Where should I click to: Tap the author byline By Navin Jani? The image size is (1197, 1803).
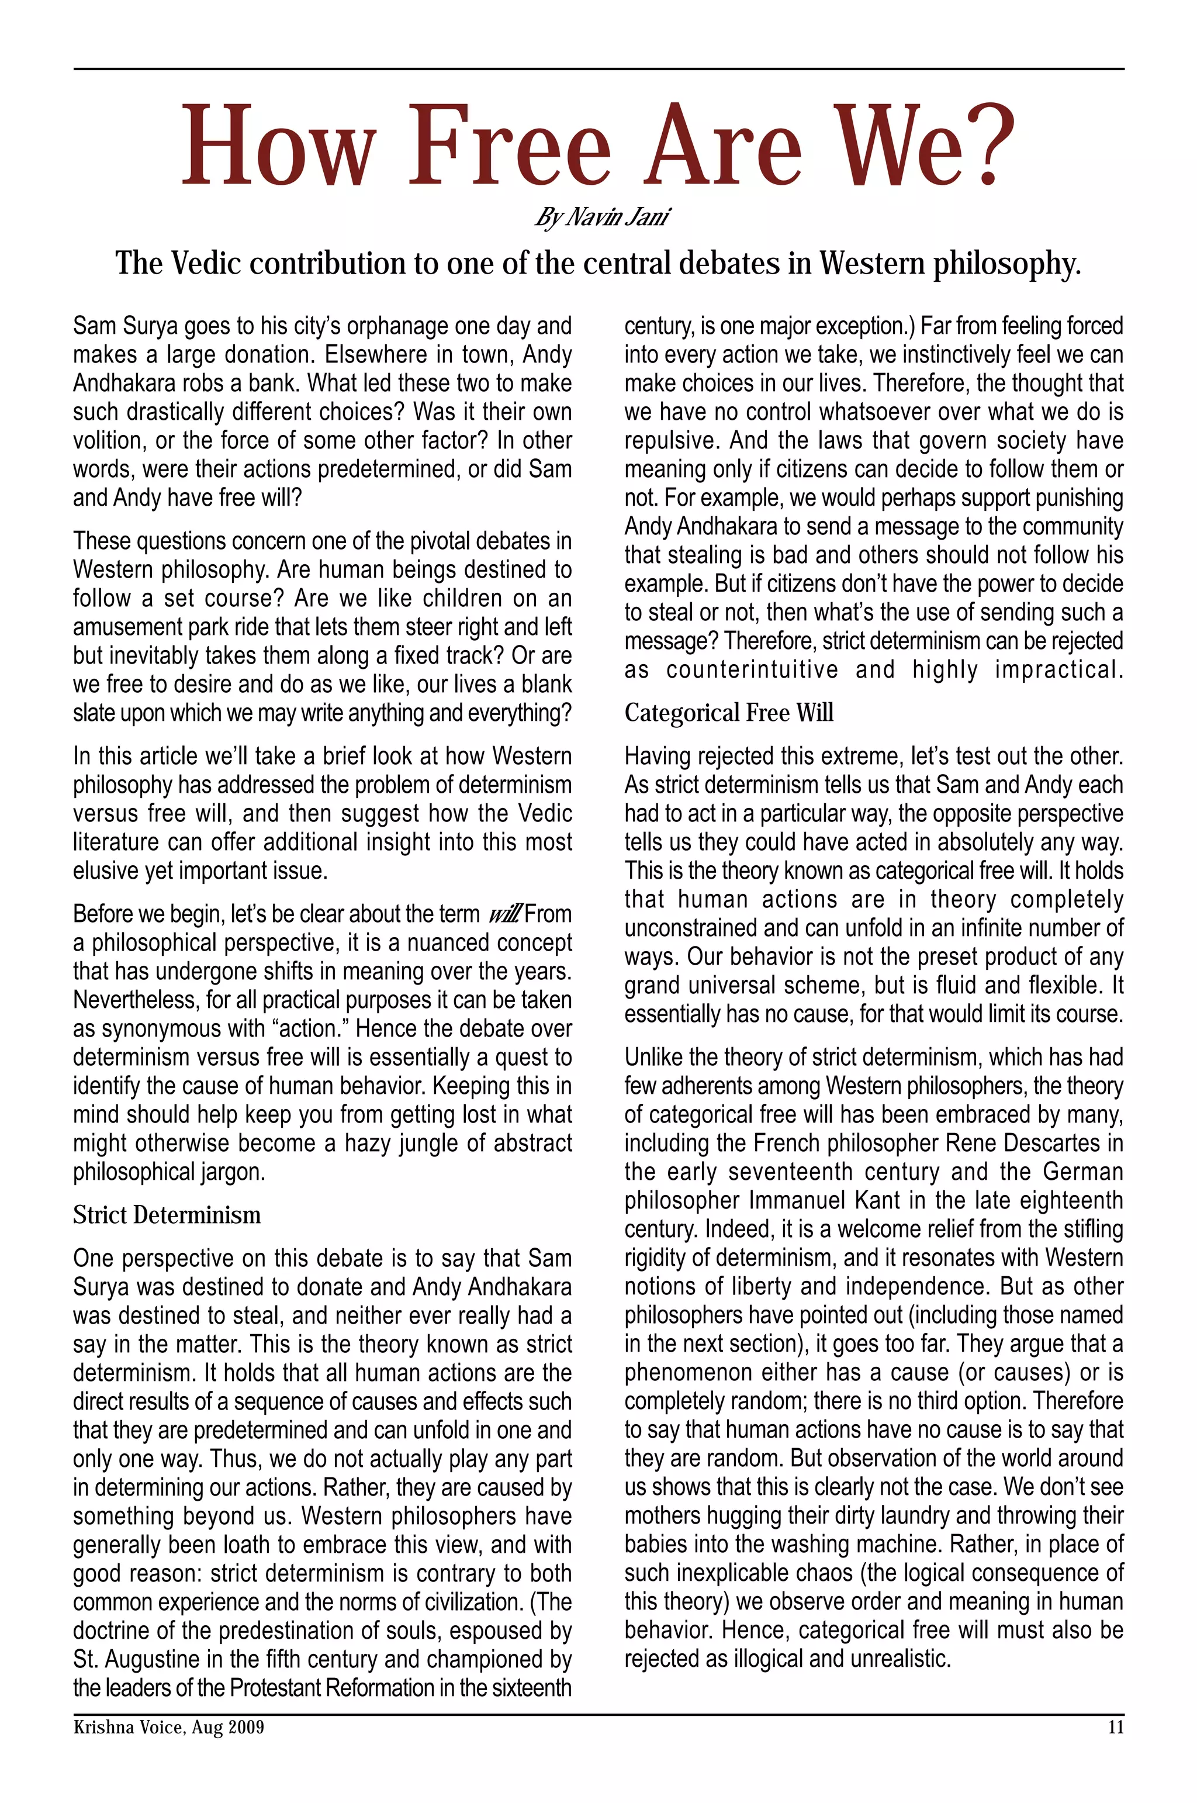point(601,217)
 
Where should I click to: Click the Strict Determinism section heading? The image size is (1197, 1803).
point(167,1215)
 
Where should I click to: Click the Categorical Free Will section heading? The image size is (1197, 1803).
point(728,713)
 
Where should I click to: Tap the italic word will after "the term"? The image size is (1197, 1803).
point(504,914)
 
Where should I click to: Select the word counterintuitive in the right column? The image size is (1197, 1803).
point(752,670)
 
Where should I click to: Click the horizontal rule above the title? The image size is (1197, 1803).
point(598,70)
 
